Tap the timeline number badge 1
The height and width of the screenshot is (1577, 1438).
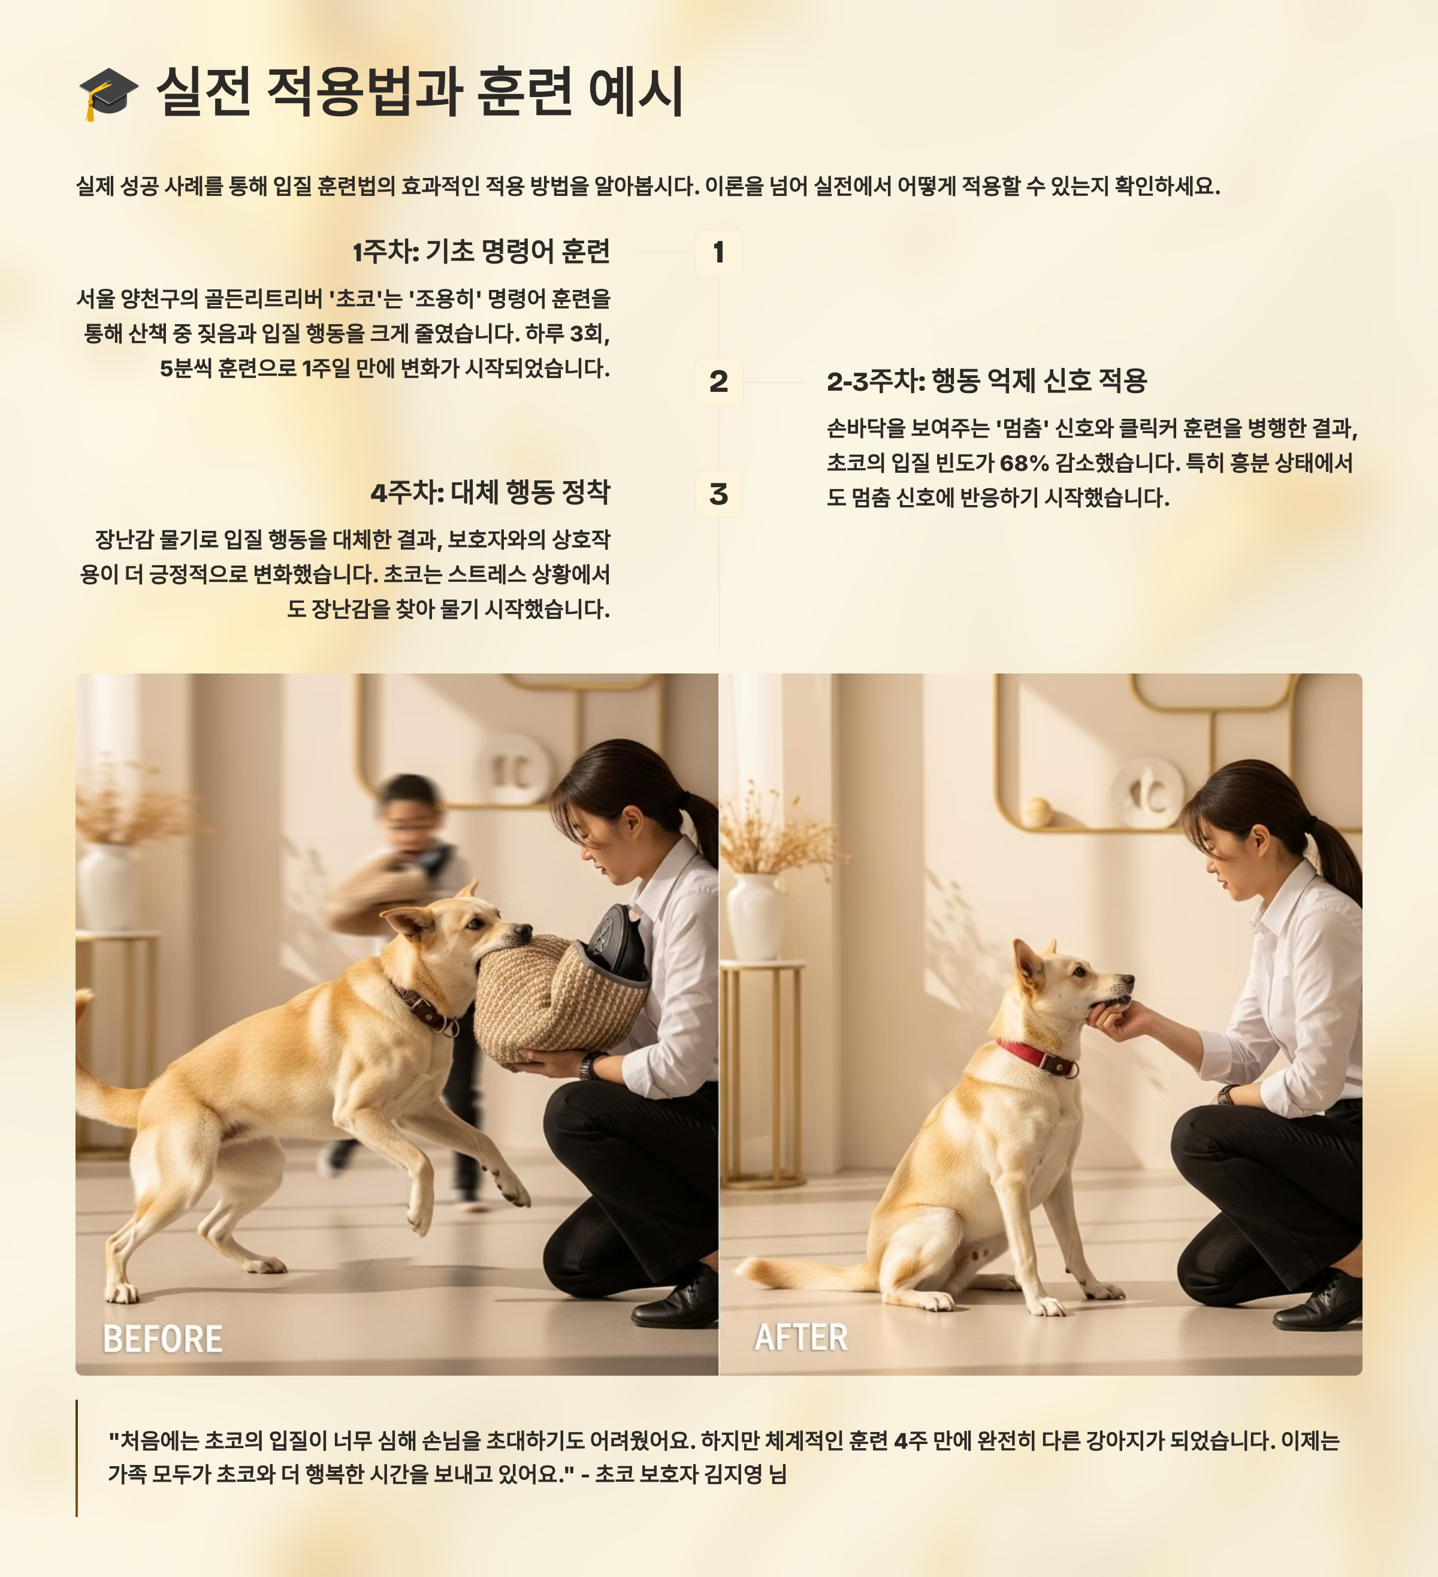click(719, 253)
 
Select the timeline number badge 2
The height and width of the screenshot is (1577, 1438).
click(719, 382)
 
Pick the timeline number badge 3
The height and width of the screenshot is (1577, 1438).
click(719, 494)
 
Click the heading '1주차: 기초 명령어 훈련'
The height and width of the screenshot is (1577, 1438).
click(481, 252)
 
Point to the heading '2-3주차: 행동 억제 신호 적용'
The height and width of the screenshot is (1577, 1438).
click(987, 382)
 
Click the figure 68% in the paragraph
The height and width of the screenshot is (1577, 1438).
click(1024, 464)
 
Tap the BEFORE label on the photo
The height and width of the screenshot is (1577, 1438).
click(163, 1339)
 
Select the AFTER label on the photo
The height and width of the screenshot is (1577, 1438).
click(801, 1337)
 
